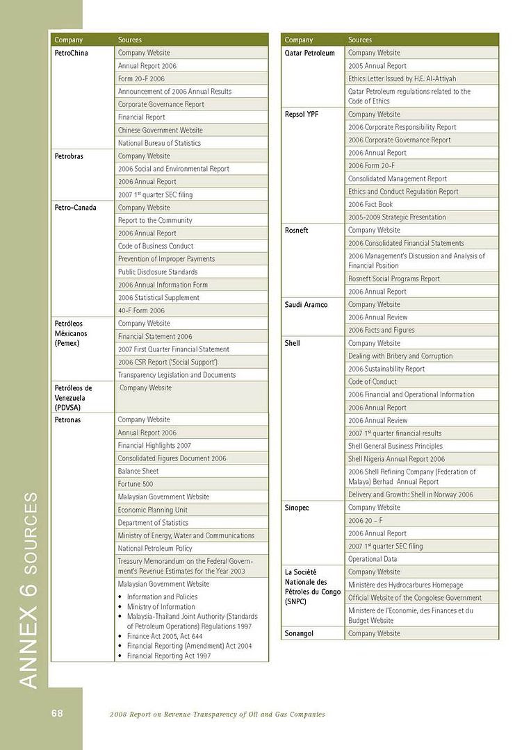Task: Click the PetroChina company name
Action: click(72, 53)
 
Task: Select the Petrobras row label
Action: click(69, 156)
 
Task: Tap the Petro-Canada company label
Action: click(75, 208)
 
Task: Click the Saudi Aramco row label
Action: click(306, 304)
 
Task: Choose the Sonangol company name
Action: click(301, 633)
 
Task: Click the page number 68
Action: click(56, 713)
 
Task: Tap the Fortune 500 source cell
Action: click(136, 484)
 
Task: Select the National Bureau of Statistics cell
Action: click(159, 143)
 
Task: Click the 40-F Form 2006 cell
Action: click(141, 310)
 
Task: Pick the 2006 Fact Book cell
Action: click(370, 204)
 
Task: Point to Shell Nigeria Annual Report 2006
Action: click(396, 459)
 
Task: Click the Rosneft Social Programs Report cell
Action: click(394, 278)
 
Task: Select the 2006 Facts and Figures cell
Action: click(381, 330)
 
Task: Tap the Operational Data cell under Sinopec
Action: click(373, 559)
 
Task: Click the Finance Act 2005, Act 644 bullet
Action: click(165, 636)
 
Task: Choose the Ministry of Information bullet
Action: click(161, 607)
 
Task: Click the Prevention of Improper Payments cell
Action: click(166, 259)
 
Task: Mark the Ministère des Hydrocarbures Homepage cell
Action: click(405, 585)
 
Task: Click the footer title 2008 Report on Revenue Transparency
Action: click(218, 715)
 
